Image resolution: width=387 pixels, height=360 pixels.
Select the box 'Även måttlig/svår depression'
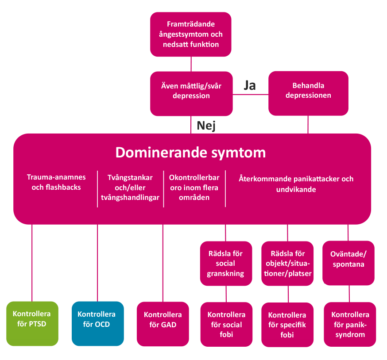coord(191,91)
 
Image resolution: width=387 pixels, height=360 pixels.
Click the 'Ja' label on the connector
coord(250,85)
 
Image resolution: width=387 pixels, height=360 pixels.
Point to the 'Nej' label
coord(206,126)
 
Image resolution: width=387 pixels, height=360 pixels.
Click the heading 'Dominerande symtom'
coord(191,153)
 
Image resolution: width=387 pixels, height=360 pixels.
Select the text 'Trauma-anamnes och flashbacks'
coord(56,182)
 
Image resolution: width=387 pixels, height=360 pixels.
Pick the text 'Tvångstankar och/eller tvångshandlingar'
coord(130,188)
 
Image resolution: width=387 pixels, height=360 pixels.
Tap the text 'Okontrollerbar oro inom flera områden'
coord(194,188)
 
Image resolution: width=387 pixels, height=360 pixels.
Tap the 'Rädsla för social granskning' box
coord(226,264)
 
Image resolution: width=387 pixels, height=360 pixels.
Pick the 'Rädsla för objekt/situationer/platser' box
coord(287,264)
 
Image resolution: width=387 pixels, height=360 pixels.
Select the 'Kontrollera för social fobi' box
coord(226,325)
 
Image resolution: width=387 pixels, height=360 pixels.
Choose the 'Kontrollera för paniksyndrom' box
coord(350,325)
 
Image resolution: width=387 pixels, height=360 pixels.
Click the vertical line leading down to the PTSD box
coord(32,263)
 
